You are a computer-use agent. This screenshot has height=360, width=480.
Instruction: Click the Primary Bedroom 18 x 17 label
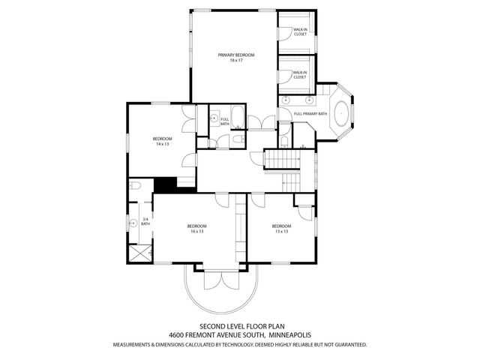click(236, 57)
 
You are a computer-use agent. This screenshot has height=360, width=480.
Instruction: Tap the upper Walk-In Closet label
click(300, 31)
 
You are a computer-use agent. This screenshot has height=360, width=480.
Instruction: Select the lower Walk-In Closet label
click(300, 75)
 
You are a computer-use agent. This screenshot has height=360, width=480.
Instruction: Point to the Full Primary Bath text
click(310, 113)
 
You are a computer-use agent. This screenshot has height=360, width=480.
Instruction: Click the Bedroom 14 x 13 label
click(163, 141)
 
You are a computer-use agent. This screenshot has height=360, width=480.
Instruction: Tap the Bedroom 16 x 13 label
click(196, 228)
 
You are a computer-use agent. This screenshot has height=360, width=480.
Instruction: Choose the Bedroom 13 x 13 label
click(281, 228)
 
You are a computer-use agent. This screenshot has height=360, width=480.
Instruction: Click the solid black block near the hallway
click(164, 184)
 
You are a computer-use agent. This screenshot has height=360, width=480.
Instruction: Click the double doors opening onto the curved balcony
click(221, 280)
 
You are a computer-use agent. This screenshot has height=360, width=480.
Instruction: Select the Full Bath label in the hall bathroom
click(224, 121)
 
